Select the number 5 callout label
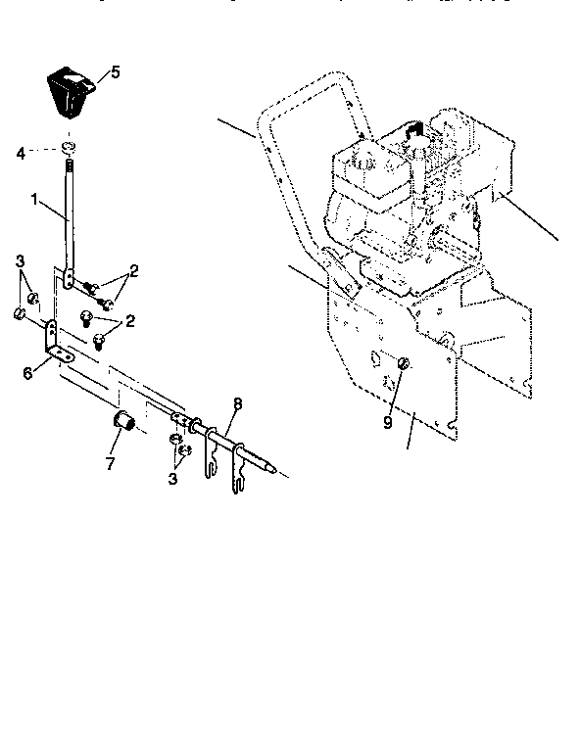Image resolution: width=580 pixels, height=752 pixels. click(116, 72)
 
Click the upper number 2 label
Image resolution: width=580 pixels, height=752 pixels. click(134, 269)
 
